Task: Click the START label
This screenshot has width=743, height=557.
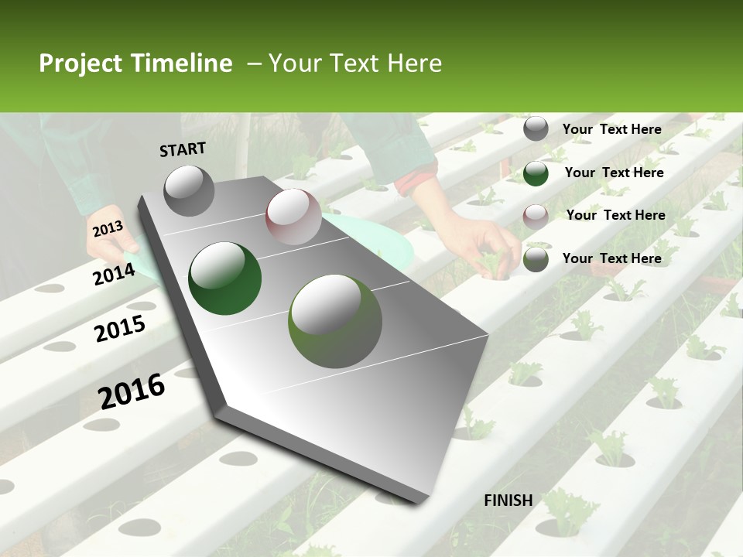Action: click(x=183, y=149)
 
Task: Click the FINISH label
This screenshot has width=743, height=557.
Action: click(x=508, y=500)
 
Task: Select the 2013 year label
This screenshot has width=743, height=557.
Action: click(x=108, y=228)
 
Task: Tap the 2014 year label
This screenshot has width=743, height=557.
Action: click(x=114, y=274)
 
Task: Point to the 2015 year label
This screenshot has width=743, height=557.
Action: click(x=120, y=329)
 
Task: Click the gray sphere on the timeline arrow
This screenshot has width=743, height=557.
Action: click(x=189, y=190)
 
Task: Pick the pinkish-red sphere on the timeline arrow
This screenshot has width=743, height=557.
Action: click(x=293, y=217)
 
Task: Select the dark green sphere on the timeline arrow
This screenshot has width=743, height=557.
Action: click(x=224, y=278)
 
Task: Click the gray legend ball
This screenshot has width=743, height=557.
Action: click(x=536, y=129)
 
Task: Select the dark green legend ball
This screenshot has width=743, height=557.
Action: click(x=536, y=173)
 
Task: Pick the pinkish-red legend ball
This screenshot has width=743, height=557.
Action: click(x=536, y=216)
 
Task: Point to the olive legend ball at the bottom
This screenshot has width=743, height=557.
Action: click(x=536, y=259)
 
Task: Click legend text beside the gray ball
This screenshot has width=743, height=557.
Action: click(x=611, y=129)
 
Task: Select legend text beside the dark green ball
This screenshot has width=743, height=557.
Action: click(x=614, y=173)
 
